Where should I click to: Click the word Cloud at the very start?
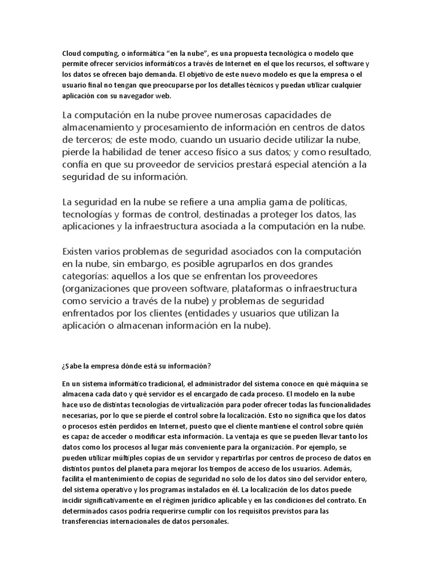71,53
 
